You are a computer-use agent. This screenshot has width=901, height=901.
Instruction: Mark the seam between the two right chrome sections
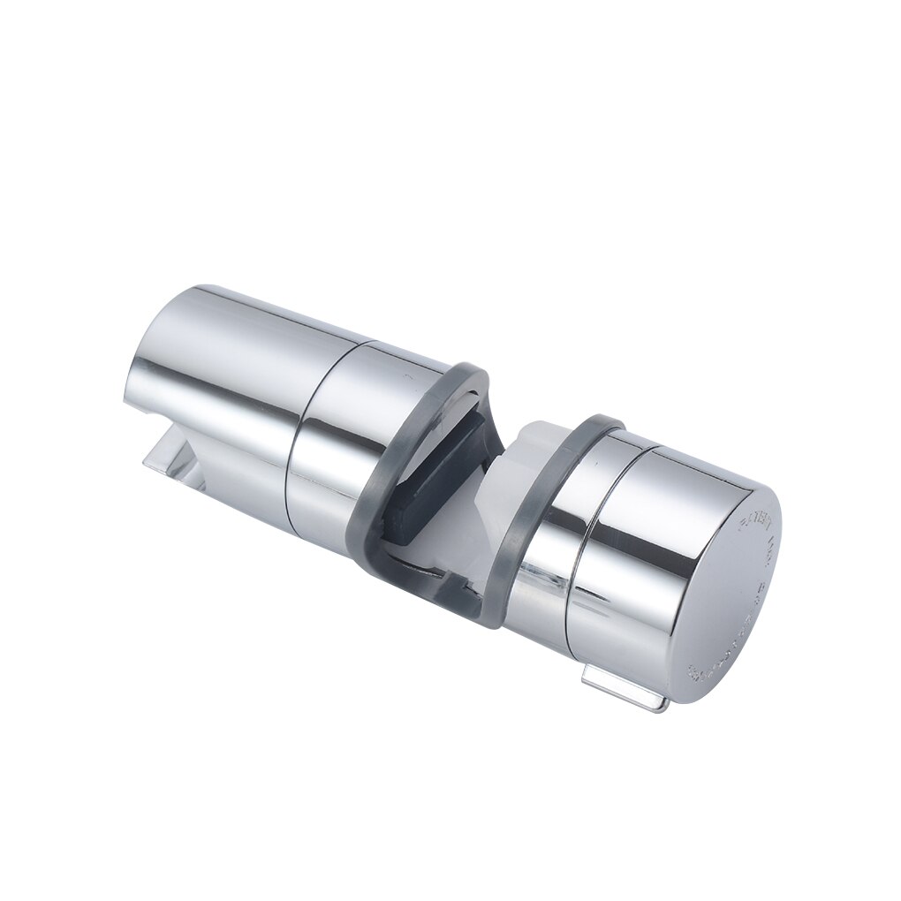609,548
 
